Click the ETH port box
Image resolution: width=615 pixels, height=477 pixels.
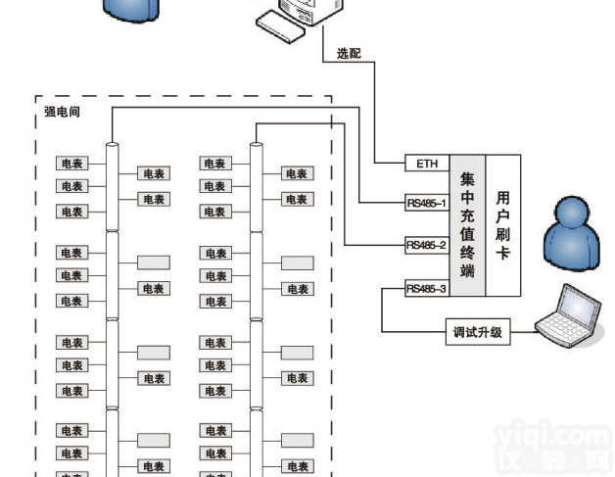[426, 164]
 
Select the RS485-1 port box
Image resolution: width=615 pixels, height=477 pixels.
[426, 204]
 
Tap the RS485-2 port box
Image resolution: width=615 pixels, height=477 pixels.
[426, 245]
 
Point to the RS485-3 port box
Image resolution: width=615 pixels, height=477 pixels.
[426, 288]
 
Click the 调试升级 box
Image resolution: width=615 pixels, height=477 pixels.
[477, 332]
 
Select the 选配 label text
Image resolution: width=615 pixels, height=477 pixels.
[349, 54]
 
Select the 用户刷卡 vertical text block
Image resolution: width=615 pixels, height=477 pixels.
[502, 226]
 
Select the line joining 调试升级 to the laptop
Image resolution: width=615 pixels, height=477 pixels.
[523, 332]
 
